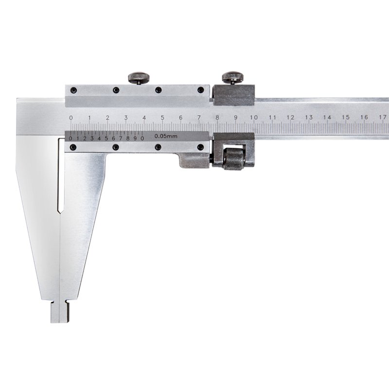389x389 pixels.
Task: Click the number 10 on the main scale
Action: [253, 117]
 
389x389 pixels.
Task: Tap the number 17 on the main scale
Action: [383, 117]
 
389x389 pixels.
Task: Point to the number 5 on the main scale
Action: [162, 118]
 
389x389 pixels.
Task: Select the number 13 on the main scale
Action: [309, 117]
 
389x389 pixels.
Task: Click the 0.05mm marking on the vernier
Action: [166, 136]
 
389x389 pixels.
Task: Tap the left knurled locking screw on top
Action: [139, 78]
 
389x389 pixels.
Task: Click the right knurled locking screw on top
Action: [233, 78]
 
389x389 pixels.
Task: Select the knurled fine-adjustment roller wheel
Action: [234, 159]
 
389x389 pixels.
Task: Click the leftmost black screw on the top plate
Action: [73, 90]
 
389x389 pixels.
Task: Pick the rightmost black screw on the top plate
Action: [200, 90]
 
